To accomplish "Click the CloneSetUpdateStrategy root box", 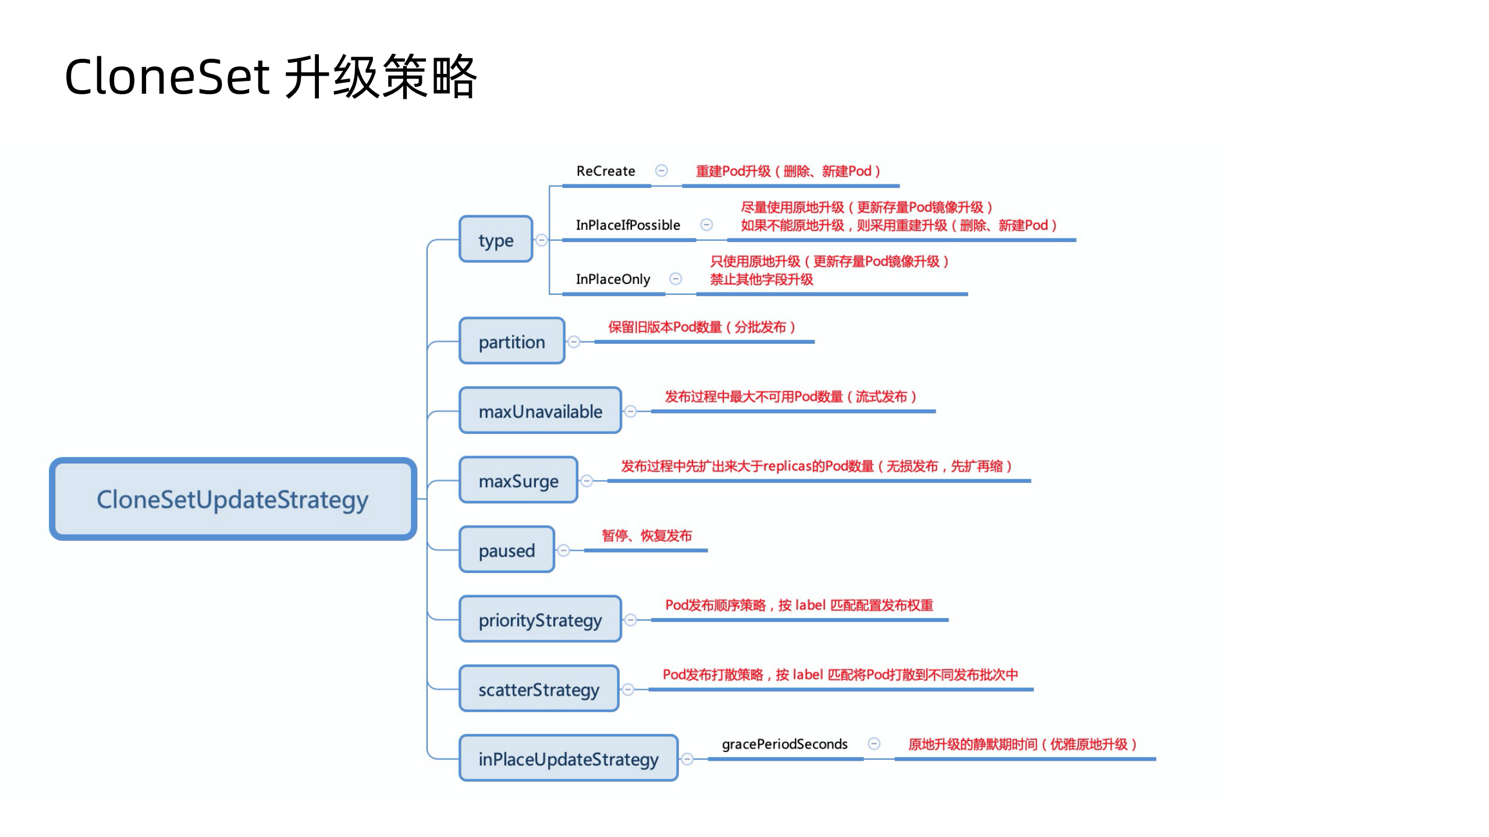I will pos(233,499).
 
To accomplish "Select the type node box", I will pos(496,239).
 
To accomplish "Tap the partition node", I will pos(511,341).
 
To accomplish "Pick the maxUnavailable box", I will pos(540,411).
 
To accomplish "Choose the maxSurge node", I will pos(518,480).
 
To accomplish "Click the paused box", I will pos(506,550).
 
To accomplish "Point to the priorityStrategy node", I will pos(540,619).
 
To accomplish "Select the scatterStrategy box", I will pos(538,689).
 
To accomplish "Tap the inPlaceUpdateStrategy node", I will pos(568,758).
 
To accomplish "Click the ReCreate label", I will pos(605,171).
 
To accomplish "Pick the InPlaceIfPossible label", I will pos(627,225).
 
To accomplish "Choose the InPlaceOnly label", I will pos(613,279).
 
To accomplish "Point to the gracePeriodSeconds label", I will pos(784,744).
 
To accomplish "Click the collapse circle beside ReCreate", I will pos(661,170).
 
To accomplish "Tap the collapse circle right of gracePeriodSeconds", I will pos(873,743).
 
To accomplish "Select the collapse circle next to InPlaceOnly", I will pos(676,279).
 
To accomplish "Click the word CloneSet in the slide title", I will pos(167,77).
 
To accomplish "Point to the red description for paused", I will pos(646,535).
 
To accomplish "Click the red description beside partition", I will pos(701,327).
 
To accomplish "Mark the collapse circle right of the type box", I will pos(541,240).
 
